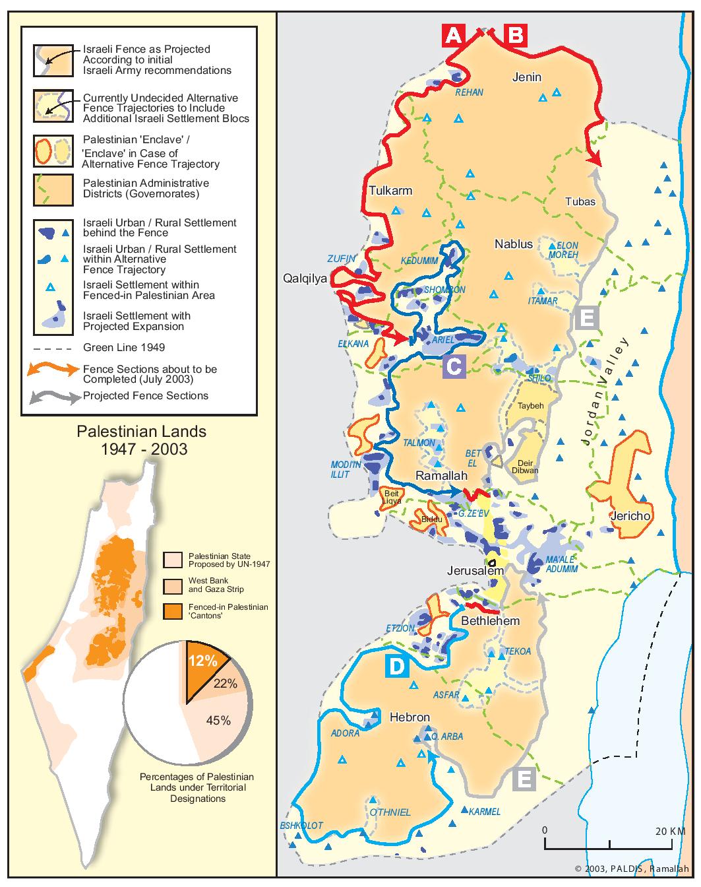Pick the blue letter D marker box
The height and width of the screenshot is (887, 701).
[x=396, y=667]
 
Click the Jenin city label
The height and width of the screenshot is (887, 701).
[x=527, y=77]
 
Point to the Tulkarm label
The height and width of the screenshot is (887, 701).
[x=390, y=191]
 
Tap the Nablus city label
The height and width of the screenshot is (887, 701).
[x=514, y=244]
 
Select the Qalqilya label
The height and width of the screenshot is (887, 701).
[x=305, y=279]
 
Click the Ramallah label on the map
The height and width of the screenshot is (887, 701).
[x=441, y=476]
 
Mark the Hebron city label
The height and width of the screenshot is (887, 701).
[x=410, y=717]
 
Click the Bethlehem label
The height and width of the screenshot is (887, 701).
[x=491, y=621]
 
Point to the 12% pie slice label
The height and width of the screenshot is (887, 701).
[x=201, y=661]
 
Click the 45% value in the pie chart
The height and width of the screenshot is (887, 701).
[x=218, y=721]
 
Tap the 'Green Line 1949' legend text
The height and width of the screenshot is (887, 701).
[x=124, y=347]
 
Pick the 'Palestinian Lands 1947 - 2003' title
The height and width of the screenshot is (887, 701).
[x=141, y=440]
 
